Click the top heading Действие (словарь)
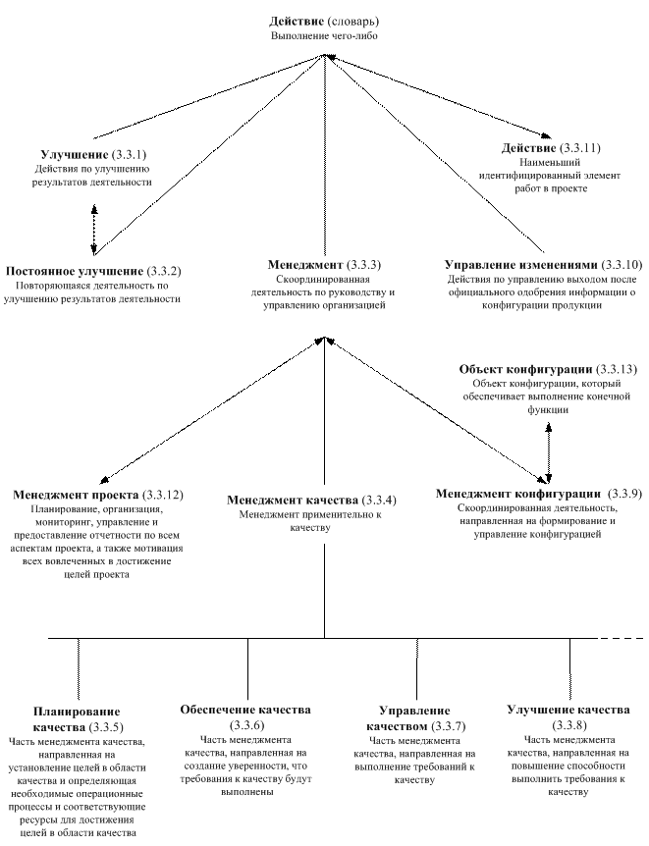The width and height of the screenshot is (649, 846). pyautogui.click(x=324, y=23)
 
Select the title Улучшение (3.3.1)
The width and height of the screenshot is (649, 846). pyautogui.click(x=94, y=155)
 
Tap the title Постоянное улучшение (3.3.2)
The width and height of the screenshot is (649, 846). pyautogui.click(x=93, y=271)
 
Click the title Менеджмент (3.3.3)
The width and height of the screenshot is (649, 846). pyautogui.click(x=324, y=265)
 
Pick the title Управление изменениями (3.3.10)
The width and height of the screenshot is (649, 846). pyautogui.click(x=544, y=265)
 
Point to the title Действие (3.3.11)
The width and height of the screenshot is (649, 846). pyautogui.click(x=551, y=148)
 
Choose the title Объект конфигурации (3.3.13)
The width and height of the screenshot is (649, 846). pyautogui.click(x=548, y=370)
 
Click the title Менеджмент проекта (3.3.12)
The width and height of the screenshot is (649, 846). pyautogui.click(x=98, y=495)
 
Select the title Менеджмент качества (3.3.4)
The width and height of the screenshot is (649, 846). pyautogui.click(x=311, y=501)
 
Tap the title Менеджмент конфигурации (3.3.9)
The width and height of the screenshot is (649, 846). pyautogui.click(x=539, y=494)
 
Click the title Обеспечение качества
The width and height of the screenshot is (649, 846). pyautogui.click(x=245, y=709)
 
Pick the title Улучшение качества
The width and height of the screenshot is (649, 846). pyautogui.click(x=568, y=710)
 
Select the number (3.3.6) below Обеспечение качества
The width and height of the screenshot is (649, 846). pyautogui.click(x=246, y=724)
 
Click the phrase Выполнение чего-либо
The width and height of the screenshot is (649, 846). pyautogui.click(x=324, y=36)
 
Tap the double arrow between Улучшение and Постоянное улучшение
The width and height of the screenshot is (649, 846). pyautogui.click(x=94, y=230)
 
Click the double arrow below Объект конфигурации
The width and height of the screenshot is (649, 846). pyautogui.click(x=549, y=452)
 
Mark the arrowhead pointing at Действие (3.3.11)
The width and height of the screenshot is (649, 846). pyautogui.click(x=547, y=136)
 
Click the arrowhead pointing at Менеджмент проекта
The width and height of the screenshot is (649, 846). pyautogui.click(x=105, y=480)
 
